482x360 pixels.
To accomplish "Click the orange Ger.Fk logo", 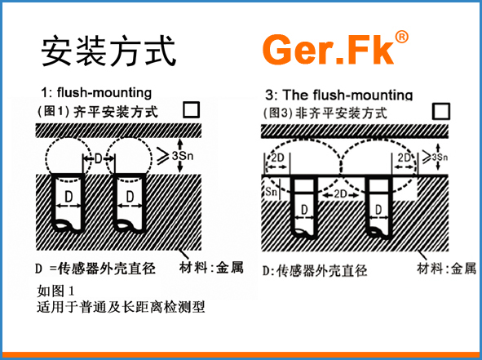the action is pyautogui.click(x=335, y=49).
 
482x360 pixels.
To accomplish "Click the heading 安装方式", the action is pyautogui.click(x=108, y=51).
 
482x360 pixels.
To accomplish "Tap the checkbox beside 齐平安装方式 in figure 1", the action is pyautogui.click(x=191, y=110).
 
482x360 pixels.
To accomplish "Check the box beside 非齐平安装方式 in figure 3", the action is pyautogui.click(x=441, y=111).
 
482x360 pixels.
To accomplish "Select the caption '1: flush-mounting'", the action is pyautogui.click(x=96, y=92).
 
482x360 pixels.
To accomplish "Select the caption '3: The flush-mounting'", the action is pyautogui.click(x=338, y=95).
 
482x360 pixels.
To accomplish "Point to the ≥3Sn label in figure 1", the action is pyautogui.click(x=175, y=156).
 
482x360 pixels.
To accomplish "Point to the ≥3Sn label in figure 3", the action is pyautogui.click(x=436, y=158).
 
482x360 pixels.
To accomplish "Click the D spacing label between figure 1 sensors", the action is pyautogui.click(x=99, y=158).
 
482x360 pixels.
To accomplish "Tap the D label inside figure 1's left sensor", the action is pyautogui.click(x=69, y=197).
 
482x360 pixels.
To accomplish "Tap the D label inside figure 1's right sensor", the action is pyautogui.click(x=130, y=197).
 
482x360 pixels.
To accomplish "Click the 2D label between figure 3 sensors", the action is pyautogui.click(x=340, y=193).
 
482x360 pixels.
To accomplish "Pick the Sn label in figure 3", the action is pyautogui.click(x=271, y=192).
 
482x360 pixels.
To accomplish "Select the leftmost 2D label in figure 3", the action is pyautogui.click(x=277, y=158).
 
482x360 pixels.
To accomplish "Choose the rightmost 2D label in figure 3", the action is pyautogui.click(x=405, y=158).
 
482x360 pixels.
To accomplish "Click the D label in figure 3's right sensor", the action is pyautogui.click(x=378, y=210).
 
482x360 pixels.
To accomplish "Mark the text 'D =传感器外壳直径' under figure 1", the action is pyautogui.click(x=95, y=269).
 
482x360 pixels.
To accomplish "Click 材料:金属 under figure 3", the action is pyautogui.click(x=447, y=269).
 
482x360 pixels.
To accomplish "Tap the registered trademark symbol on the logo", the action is pyautogui.click(x=401, y=38).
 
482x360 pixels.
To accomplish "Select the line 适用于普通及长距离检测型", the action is pyautogui.click(x=121, y=306).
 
